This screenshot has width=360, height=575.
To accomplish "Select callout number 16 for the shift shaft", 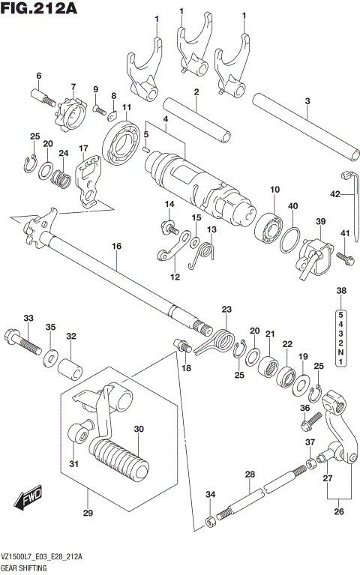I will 116,245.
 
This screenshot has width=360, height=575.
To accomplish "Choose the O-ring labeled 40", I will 291,237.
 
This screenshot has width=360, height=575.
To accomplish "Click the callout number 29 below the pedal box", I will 87,513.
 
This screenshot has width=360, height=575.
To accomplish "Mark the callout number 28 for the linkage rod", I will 250,475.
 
